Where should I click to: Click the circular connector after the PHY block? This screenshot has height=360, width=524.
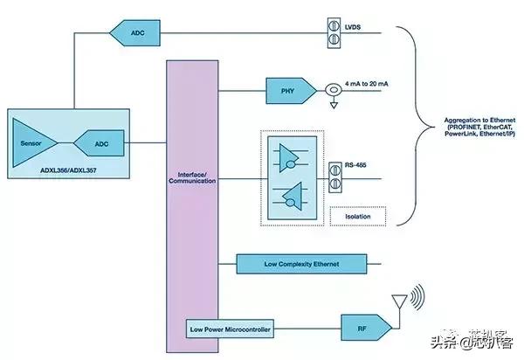[x=332, y=89]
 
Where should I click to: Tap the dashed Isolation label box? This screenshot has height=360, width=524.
[x=358, y=215]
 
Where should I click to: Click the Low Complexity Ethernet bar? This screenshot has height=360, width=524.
[x=300, y=263]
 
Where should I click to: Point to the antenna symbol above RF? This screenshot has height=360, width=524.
[x=401, y=301]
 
